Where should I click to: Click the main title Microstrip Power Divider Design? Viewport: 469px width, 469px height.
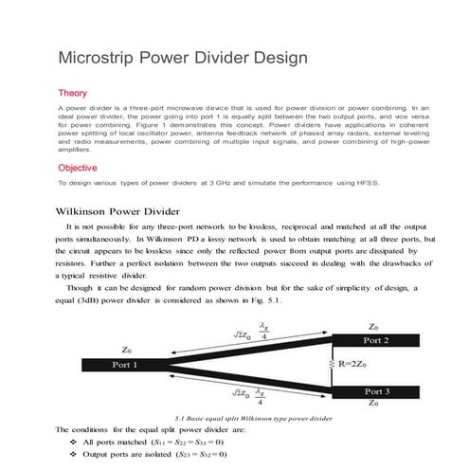point(183,57)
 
